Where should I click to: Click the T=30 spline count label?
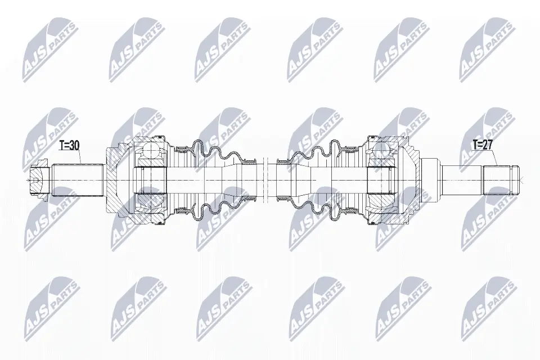pos(70,146)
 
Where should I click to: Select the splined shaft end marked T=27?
pos(498,179)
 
